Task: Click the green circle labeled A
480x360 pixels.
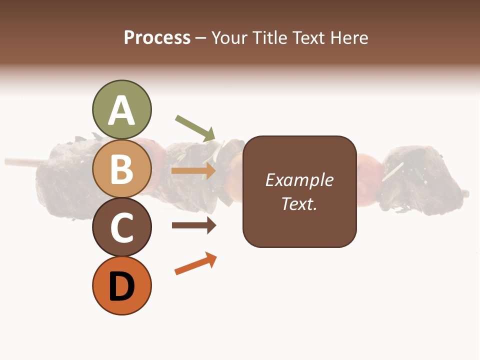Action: tap(121, 110)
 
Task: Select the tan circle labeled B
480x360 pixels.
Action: tap(121, 169)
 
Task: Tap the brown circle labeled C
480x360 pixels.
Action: tap(121, 227)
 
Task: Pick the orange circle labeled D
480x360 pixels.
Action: tap(121, 286)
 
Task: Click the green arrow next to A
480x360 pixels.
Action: tap(195, 128)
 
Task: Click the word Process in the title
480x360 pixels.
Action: tap(157, 38)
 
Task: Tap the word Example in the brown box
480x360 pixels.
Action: tap(299, 180)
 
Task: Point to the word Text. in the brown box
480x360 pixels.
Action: tap(299, 203)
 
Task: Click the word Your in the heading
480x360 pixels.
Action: tap(228, 38)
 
